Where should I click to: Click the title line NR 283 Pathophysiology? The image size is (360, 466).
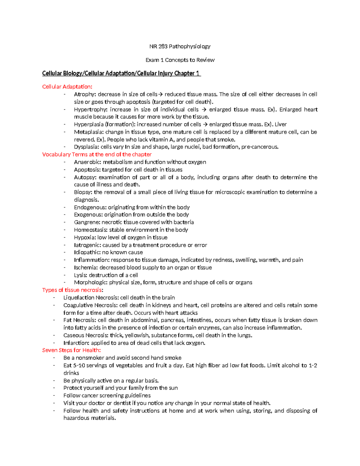click(180, 47)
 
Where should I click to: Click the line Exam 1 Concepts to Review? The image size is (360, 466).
click(180, 60)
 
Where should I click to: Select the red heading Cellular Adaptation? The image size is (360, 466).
click(67, 87)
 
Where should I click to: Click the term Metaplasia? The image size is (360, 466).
click(88, 132)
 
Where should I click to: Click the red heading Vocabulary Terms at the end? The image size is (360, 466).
click(97, 155)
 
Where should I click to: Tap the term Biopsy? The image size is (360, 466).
click(83, 192)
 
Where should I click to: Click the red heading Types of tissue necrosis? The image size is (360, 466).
click(72, 290)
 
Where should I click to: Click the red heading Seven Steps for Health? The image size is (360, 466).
click(71, 350)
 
